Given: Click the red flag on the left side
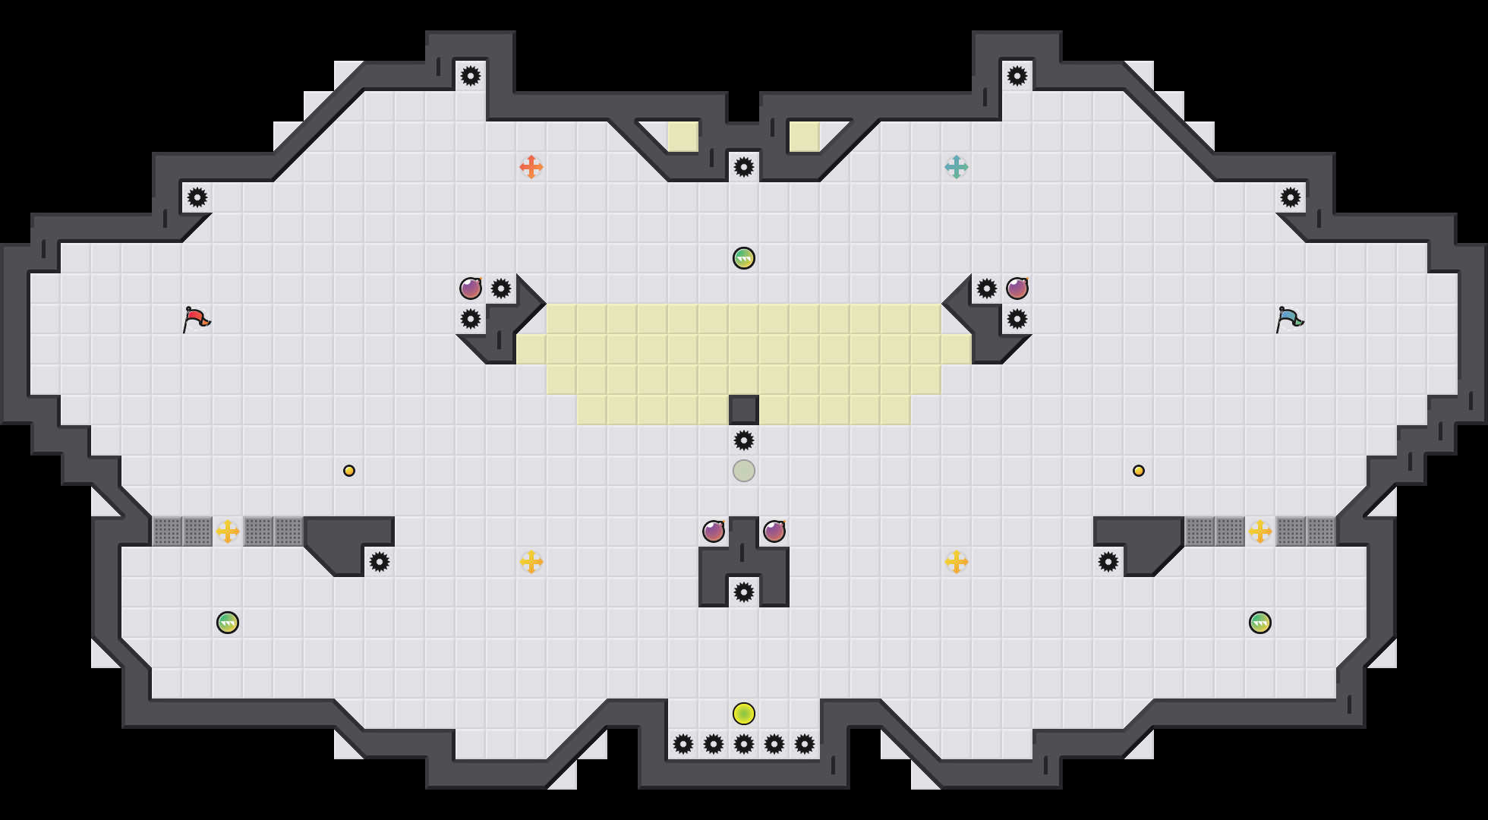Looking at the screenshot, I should (196, 319).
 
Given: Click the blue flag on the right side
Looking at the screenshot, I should (1289, 319).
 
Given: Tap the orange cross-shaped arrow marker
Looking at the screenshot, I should (531, 167).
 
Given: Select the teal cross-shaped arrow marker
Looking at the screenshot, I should (957, 167).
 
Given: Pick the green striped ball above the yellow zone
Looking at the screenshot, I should (744, 258).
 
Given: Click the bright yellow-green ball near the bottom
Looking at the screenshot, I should (744, 714).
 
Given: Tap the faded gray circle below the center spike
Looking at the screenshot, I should (744, 471).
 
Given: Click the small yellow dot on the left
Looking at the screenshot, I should (349, 471).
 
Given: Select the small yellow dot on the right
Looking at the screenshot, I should (1139, 471).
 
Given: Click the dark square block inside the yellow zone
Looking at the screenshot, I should (744, 410).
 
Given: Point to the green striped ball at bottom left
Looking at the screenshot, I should (228, 623).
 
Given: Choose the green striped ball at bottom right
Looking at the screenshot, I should (1260, 623).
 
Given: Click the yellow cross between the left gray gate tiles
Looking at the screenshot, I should (228, 531).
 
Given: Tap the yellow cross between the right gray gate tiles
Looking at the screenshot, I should (1260, 531).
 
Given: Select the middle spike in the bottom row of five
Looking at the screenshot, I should (744, 744).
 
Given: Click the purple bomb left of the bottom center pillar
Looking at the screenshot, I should (714, 531).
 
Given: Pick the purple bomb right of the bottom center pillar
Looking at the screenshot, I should (774, 531).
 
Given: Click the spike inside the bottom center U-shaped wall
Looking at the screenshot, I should (744, 592).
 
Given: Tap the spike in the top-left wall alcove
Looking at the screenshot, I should (471, 76).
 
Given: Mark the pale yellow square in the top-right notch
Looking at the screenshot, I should (805, 137).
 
